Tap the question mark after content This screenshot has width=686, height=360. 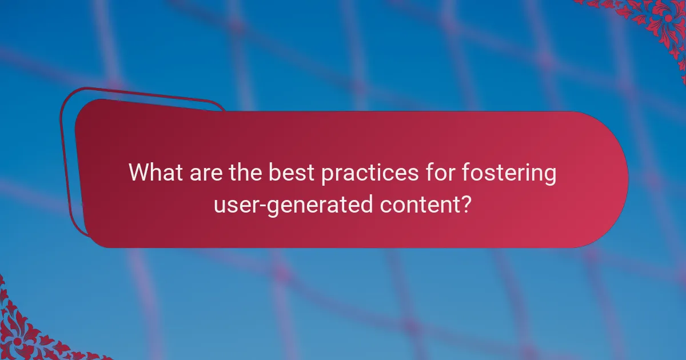[466, 205]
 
